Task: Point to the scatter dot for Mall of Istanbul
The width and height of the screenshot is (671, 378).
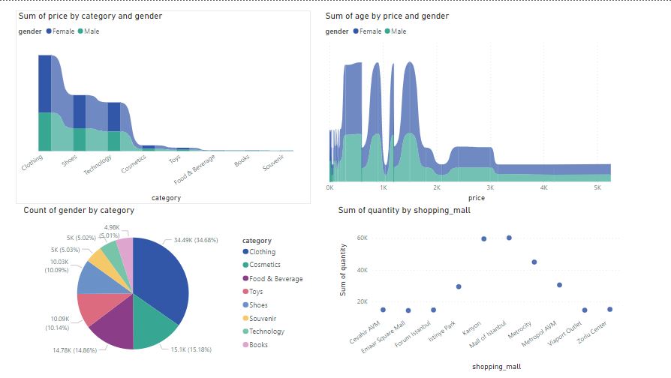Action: click(509, 238)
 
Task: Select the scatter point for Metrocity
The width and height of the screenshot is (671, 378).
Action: click(534, 262)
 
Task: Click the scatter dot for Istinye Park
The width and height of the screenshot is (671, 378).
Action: click(459, 286)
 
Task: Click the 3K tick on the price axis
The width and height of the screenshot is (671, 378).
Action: click(491, 187)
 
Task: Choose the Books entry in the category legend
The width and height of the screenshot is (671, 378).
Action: click(260, 345)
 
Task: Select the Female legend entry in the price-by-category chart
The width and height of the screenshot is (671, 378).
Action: click(63, 31)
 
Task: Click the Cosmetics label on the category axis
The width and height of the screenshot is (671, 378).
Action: click(134, 164)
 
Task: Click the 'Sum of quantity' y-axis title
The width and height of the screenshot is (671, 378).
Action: click(343, 269)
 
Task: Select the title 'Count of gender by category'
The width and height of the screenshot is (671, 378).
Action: click(79, 210)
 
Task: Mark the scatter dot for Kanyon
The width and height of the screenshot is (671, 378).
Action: click(483, 238)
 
